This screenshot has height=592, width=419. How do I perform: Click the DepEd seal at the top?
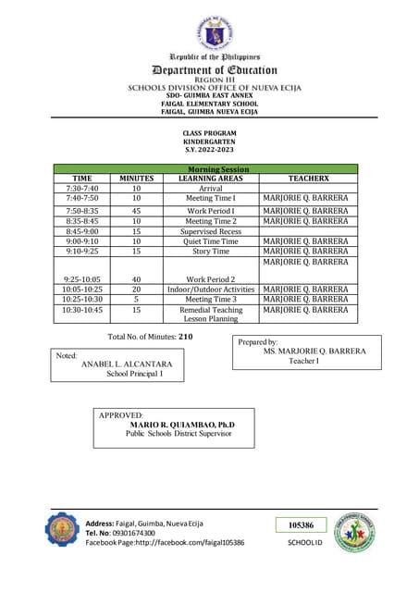click(215, 33)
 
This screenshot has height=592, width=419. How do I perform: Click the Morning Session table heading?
click(210, 168)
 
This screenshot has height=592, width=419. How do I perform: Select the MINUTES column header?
click(136, 178)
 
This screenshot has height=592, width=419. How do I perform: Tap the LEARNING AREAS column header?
click(210, 178)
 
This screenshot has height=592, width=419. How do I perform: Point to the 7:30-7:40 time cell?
click(82, 188)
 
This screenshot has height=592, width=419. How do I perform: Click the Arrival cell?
click(210, 188)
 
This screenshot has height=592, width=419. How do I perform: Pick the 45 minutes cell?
click(136, 211)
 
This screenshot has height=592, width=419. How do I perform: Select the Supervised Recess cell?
click(210, 231)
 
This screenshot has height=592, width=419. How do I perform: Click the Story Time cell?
click(210, 251)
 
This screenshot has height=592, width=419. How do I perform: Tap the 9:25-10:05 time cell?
click(82, 278)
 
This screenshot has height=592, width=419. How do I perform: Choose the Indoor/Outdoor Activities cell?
click(210, 290)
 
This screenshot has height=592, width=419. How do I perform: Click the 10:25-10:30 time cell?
click(82, 300)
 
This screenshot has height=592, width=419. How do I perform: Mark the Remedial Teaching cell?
click(210, 310)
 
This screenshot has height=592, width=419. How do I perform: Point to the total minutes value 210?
click(185, 337)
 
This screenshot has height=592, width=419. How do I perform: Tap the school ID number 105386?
click(301, 524)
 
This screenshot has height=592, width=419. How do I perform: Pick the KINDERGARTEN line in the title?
click(210, 142)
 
